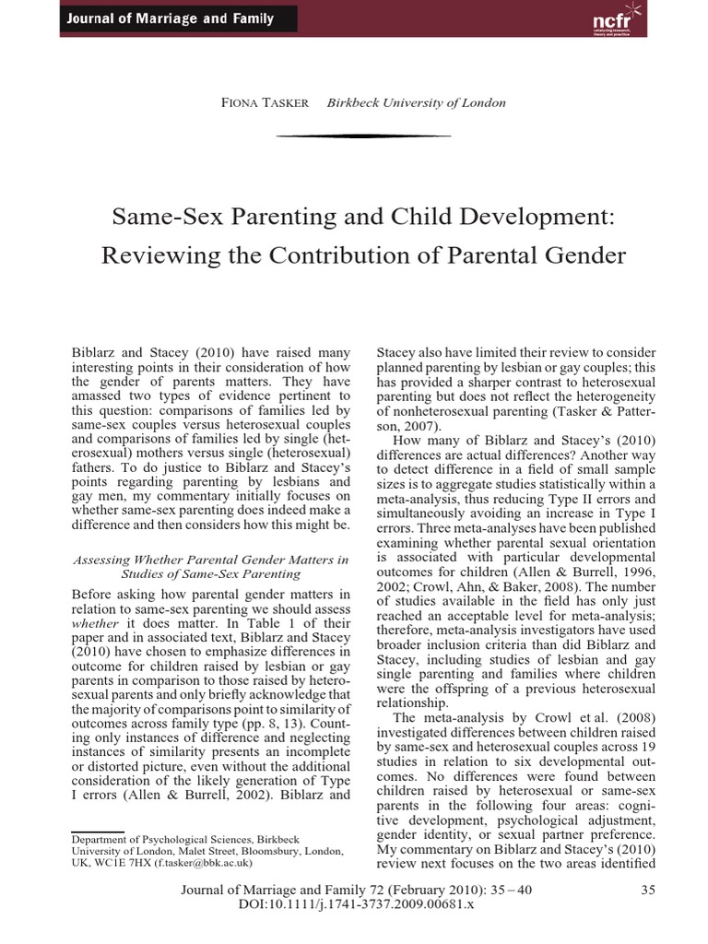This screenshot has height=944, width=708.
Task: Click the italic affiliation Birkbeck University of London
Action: (x=416, y=102)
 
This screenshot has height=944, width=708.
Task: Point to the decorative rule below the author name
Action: (x=363, y=136)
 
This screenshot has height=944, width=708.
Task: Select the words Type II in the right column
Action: (x=561, y=499)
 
